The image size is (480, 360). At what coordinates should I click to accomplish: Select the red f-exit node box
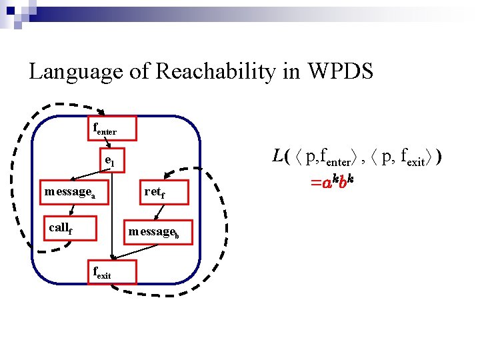(111, 271)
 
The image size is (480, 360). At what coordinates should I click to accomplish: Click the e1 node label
(109, 161)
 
